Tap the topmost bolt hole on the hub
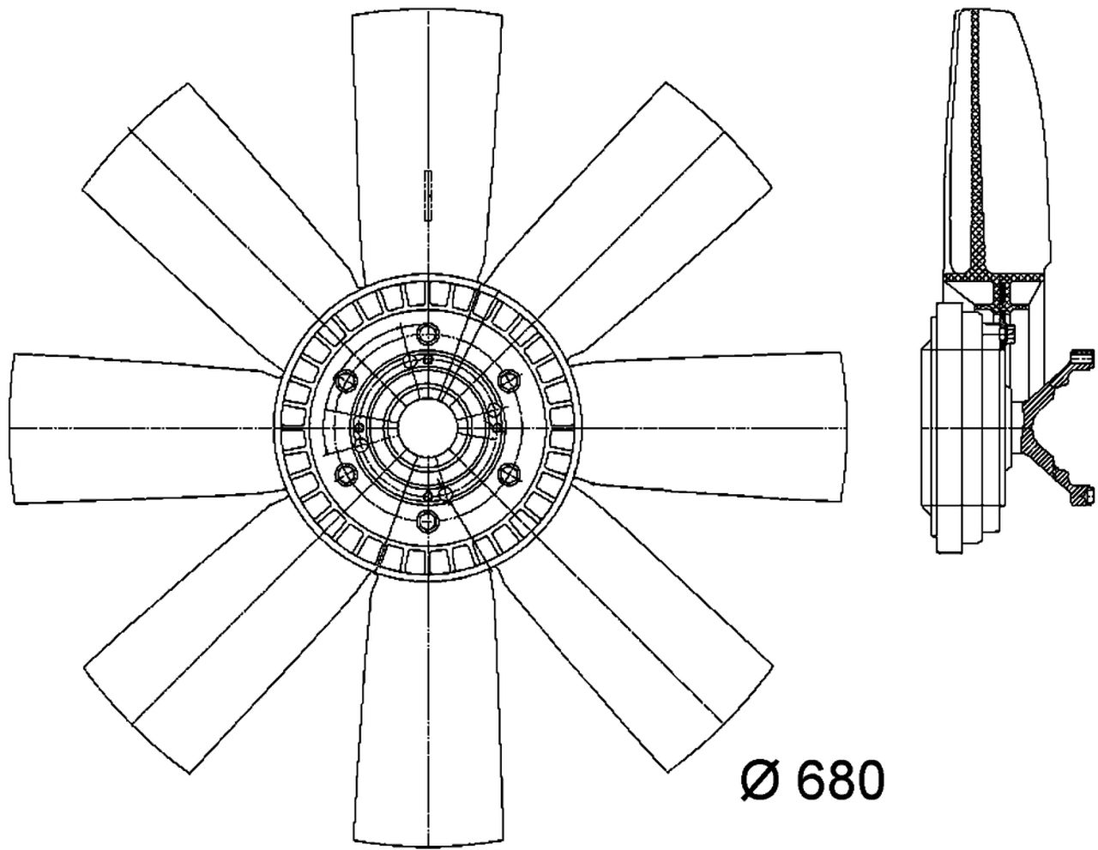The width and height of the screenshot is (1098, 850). point(426,335)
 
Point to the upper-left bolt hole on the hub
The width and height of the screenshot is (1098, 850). point(347,380)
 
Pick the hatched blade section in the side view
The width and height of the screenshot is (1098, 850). point(978,154)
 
